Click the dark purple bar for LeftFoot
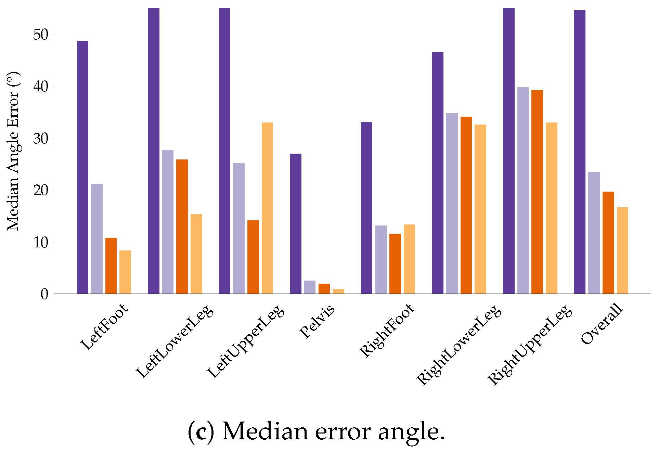(x=82, y=167)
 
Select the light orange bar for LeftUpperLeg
(x=267, y=208)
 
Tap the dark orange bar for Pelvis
(x=324, y=288)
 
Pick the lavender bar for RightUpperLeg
(x=523, y=190)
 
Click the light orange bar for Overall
(x=622, y=250)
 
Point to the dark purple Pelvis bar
(x=296, y=223)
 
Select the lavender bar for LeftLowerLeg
(x=168, y=221)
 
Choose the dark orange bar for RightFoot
(x=395, y=263)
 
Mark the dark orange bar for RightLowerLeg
(x=466, y=205)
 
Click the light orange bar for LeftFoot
(x=125, y=272)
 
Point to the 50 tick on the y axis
(x=41, y=35)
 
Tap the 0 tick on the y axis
(x=44, y=294)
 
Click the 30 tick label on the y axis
(x=41, y=139)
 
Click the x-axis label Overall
(x=602, y=323)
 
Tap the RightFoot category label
(x=387, y=331)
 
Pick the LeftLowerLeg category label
(x=175, y=341)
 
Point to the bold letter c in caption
(x=201, y=432)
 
